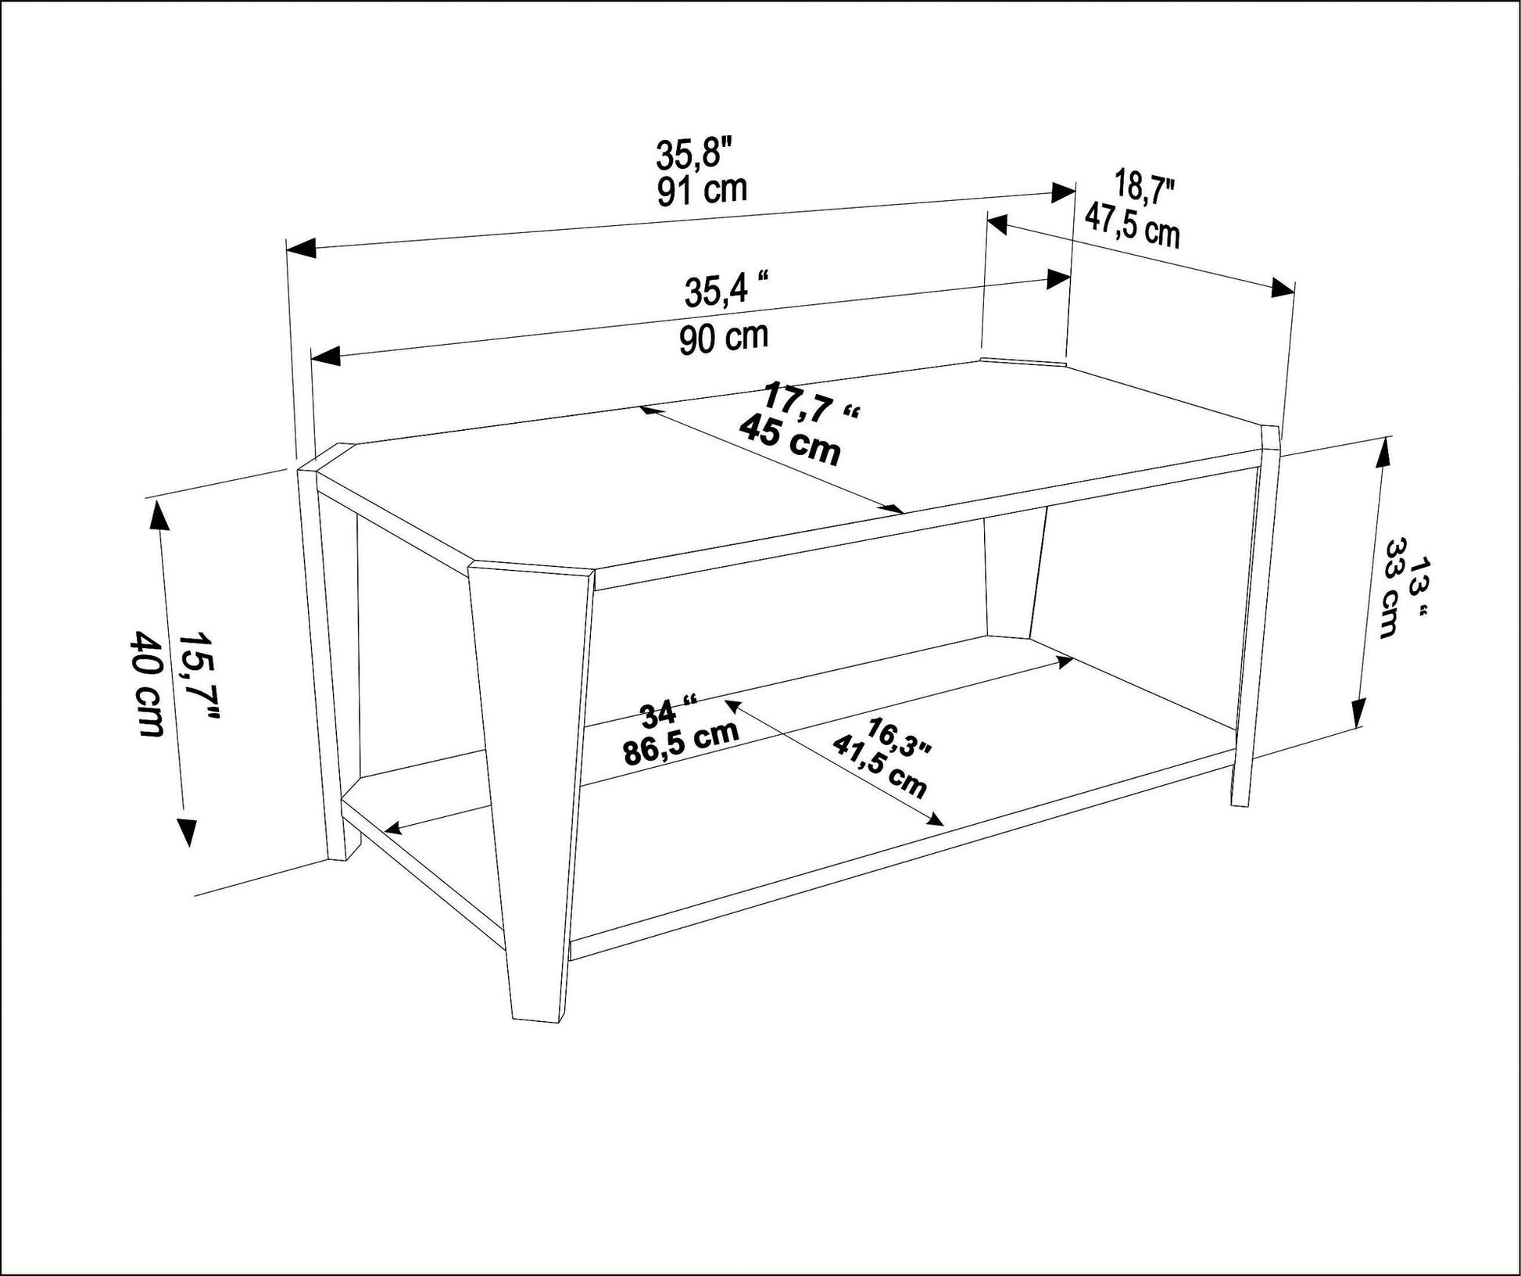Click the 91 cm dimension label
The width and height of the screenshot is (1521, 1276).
pos(701,190)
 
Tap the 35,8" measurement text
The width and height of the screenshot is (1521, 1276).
pos(694,153)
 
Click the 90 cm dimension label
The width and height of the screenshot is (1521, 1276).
pos(723,338)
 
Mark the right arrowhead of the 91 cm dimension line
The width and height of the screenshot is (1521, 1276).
pos(1063,192)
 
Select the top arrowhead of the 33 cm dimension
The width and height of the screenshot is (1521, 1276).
pos(1383,451)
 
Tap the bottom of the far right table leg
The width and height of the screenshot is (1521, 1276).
pos(1240,799)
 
